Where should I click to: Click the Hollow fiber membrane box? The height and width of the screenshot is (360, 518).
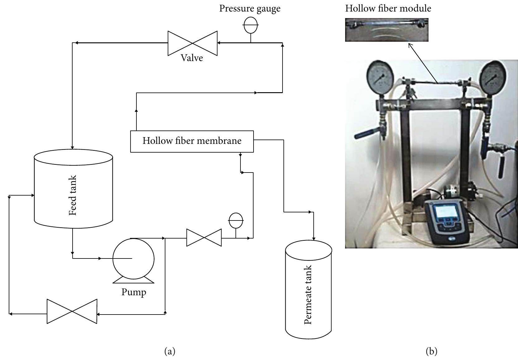(x=192, y=141)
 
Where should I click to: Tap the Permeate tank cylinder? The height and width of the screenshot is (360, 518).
(x=308, y=293)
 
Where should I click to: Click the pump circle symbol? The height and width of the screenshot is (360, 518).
(x=133, y=258)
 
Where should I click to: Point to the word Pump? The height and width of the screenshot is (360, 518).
(x=134, y=292)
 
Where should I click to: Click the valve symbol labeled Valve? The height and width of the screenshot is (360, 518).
(x=192, y=43)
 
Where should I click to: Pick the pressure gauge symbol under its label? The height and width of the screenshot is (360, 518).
(x=251, y=25)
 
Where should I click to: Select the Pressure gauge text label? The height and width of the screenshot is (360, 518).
(x=250, y=8)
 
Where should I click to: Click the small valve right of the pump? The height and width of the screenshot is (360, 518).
(x=204, y=238)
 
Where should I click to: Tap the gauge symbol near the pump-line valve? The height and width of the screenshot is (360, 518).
(x=236, y=220)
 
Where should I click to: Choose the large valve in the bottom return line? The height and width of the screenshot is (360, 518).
(x=72, y=311)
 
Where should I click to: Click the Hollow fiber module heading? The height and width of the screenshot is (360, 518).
(x=388, y=8)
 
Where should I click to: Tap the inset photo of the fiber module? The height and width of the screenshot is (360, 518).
(x=387, y=30)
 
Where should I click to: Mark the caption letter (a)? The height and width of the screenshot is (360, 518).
(x=170, y=352)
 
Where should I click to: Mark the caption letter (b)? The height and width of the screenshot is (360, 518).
(x=431, y=352)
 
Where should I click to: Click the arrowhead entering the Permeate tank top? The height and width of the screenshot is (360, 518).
(x=314, y=238)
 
